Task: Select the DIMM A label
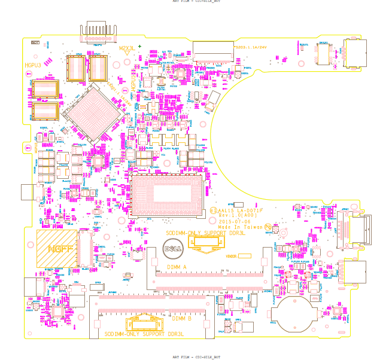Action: (177, 267)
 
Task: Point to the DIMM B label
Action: (181, 319)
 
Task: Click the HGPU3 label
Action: (33, 65)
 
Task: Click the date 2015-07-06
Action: (232, 222)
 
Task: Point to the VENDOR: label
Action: (232, 256)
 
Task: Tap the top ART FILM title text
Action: (192, 2)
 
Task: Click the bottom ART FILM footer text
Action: (192, 356)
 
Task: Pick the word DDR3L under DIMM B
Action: (175, 334)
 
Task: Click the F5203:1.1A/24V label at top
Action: (250, 47)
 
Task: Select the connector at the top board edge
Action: (96, 32)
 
